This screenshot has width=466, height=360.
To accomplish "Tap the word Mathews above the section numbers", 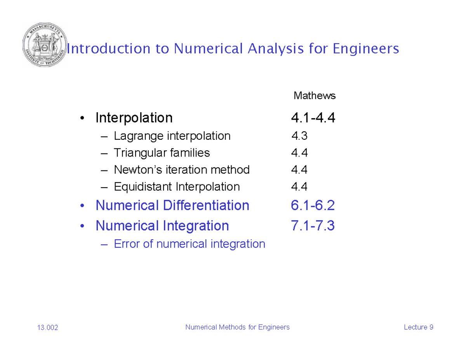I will point(315,96).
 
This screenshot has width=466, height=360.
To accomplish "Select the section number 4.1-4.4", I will point(313,117).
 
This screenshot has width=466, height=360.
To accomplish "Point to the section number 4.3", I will point(299,136).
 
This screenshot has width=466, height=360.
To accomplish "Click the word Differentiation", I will point(206,205).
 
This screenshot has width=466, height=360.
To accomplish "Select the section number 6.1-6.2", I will point(313,205).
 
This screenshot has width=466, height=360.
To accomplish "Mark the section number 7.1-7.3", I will point(313,226).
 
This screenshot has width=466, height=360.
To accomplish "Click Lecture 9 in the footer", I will point(418,327).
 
